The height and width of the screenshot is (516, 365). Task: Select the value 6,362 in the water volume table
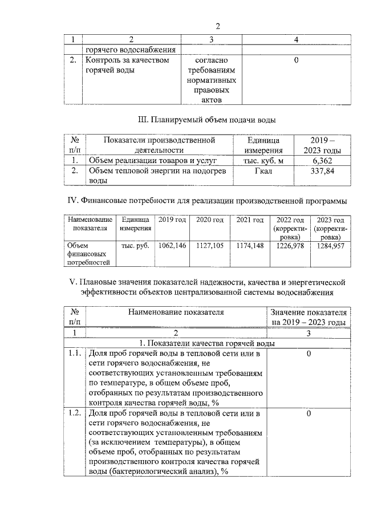318,161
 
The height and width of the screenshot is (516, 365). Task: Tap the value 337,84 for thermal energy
318,172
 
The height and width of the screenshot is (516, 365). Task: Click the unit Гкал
264,172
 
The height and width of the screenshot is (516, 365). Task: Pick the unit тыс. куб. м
264,161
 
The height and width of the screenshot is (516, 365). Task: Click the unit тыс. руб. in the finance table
135,246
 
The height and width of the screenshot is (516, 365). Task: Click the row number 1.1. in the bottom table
72,354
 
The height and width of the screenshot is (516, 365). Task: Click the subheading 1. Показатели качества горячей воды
208,343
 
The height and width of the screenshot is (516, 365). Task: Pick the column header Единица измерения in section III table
264,145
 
